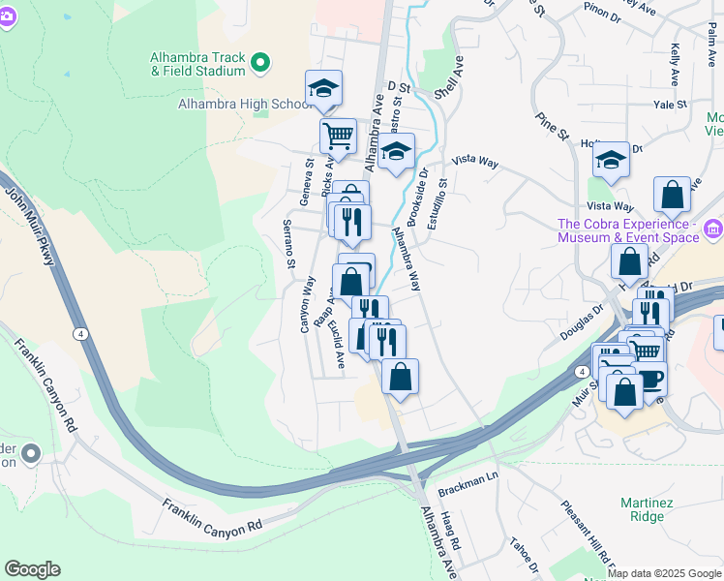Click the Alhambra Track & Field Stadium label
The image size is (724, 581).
(197, 64)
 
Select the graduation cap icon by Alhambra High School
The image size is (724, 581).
(323, 89)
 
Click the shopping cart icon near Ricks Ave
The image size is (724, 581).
(338, 136)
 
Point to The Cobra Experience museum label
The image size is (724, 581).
(627, 230)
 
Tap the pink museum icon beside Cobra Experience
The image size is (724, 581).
(713, 229)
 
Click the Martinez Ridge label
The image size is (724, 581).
(642, 509)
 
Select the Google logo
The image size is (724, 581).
(32, 569)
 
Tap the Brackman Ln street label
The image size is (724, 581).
(467, 477)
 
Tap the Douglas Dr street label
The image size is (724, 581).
(582, 321)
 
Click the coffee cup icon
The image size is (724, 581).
(649, 378)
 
